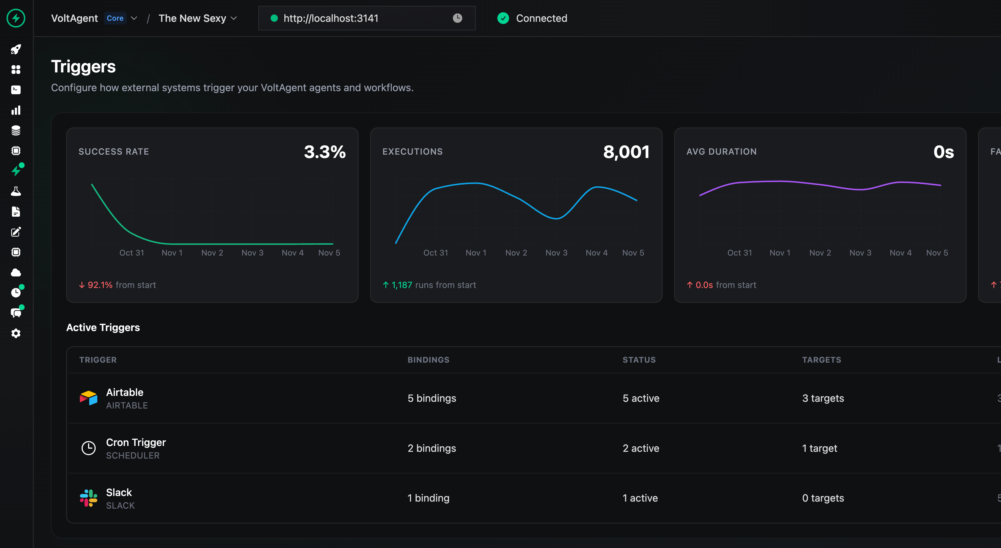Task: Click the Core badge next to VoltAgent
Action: pos(115,18)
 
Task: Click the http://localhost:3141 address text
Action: pos(331,18)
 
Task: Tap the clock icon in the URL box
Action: pos(457,18)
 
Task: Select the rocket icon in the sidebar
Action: pos(16,49)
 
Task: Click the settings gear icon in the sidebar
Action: pos(16,334)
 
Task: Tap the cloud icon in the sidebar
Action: pos(16,272)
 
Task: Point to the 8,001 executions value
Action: pos(626,152)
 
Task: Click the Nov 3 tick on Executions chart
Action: pos(556,253)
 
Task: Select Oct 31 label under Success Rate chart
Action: pos(132,253)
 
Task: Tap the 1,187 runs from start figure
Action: pos(402,285)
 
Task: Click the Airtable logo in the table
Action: pos(89,398)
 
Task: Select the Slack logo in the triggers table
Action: pos(89,498)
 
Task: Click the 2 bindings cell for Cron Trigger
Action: pos(432,448)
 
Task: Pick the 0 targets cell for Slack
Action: pos(823,498)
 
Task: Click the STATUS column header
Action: pos(639,360)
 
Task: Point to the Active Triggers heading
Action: pos(103,328)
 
